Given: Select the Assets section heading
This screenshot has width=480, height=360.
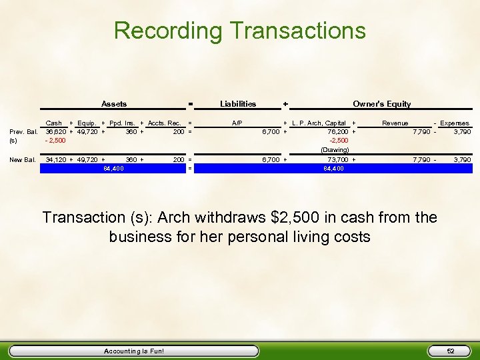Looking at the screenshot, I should (113, 104).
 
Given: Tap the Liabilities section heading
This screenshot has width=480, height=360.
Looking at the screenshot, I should (238, 104).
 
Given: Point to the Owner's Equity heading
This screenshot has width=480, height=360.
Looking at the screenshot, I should (381, 104).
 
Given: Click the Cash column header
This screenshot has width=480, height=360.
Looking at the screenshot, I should (53, 123).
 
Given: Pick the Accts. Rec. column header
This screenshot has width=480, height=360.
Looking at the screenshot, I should (165, 123).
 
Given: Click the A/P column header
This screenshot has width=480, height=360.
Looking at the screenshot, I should (237, 123).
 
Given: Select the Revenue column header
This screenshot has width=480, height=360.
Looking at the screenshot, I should (395, 123).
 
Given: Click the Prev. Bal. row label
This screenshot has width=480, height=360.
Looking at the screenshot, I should (23, 132).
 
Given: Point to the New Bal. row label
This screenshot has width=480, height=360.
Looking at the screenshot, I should (22, 160).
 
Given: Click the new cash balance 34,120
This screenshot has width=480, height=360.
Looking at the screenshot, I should (55, 160).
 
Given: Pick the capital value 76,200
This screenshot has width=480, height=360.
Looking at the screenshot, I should (337, 132).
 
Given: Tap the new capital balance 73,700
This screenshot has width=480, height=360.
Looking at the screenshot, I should (337, 160).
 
